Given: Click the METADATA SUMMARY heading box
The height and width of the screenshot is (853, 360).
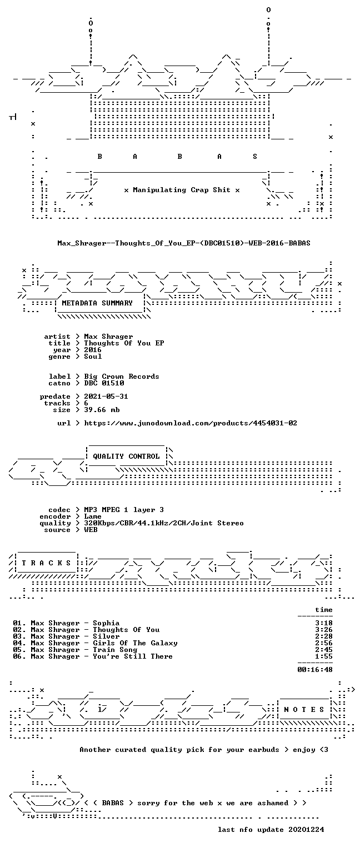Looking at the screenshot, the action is tap(100, 304).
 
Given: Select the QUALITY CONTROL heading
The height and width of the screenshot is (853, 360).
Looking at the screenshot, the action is tap(127, 456).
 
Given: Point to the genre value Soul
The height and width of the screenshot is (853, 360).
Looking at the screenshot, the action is tap(93, 357).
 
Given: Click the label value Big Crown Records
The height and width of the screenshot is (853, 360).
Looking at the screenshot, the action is tap(122, 377).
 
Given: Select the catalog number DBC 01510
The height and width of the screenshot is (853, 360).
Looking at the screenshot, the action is tap(104, 383).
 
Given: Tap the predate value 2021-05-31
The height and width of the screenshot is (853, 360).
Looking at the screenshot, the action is tap(106, 397).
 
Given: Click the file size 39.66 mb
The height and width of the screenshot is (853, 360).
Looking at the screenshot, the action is tap(102, 410).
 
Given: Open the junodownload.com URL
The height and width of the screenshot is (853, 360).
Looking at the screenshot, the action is tap(191, 423).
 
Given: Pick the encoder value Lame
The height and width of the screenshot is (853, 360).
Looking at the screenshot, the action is tap(93, 516).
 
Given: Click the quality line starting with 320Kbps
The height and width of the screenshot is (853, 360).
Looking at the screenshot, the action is tap(164, 523).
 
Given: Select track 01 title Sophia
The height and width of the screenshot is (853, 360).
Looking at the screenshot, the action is tap(106, 623).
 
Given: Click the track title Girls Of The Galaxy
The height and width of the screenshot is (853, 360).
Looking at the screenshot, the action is tap(135, 643).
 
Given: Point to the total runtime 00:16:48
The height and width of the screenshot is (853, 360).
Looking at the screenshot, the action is tap(315, 670).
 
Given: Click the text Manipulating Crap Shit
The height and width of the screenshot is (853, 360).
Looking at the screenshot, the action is tap(182, 190).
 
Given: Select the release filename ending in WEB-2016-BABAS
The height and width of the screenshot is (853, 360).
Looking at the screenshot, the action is tap(184, 243).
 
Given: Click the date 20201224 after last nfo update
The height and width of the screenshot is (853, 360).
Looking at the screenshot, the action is tap(306, 830).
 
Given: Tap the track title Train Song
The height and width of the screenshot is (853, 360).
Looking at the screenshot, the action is tap(115, 650).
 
